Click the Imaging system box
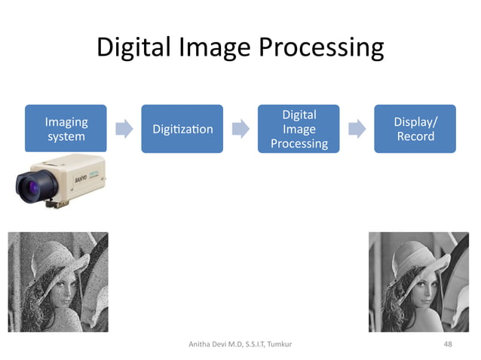(x=66, y=129)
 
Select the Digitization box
(x=182, y=129)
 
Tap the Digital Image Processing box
(x=299, y=129)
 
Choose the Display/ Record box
(x=415, y=129)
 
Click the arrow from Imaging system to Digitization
(x=124, y=129)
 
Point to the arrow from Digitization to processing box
(x=240, y=129)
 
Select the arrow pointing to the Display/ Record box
(x=357, y=129)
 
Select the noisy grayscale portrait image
(x=57, y=282)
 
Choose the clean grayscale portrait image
(x=418, y=282)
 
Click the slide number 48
(x=448, y=343)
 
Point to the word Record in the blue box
(x=415, y=136)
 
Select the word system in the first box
(x=66, y=137)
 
